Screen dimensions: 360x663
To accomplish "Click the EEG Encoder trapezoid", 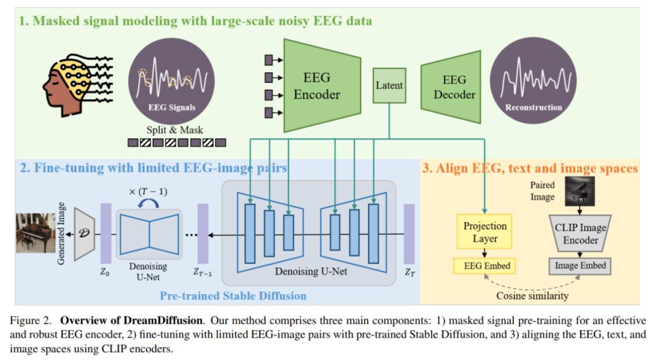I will (x=316, y=86).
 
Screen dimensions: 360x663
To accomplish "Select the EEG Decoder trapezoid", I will (x=454, y=87).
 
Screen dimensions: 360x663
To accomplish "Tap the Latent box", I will (x=389, y=85).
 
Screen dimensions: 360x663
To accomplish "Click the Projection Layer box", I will (x=484, y=232).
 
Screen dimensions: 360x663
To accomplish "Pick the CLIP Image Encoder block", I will (x=580, y=233).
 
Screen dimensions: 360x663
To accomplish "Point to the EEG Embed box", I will (x=484, y=266).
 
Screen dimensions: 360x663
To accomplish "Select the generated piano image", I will (x=36, y=233).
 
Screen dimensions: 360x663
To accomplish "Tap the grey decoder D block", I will (x=83, y=233).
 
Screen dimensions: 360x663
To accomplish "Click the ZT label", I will (x=409, y=272).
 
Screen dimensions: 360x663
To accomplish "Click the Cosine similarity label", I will (x=532, y=296).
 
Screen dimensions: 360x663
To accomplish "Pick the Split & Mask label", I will (x=175, y=130).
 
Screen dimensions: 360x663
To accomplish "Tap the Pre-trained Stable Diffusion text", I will (x=233, y=296).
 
